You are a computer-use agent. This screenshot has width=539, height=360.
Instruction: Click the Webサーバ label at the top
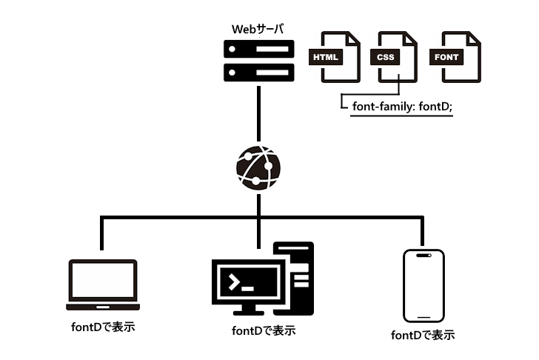258,30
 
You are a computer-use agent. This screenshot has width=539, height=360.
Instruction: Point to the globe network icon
258,167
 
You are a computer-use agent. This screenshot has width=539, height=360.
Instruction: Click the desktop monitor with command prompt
247,282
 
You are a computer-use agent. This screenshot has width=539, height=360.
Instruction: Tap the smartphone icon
423,285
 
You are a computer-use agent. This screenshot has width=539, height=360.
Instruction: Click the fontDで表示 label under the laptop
102,326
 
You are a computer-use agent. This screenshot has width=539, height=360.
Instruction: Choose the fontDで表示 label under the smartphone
423,335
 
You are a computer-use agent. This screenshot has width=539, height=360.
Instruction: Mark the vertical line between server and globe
258,115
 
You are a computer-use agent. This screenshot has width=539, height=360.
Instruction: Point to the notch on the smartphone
423,256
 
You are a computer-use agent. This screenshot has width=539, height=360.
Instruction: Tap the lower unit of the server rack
259,73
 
